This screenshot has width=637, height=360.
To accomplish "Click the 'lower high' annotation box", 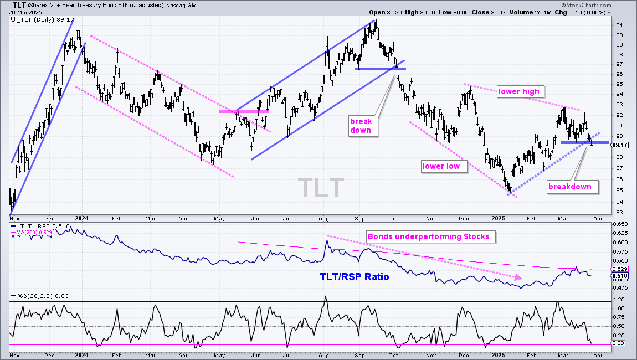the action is point(519,92).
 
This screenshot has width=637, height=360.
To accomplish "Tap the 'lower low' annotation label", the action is point(441,166).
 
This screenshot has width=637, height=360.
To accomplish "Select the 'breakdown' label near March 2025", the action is point(569,187).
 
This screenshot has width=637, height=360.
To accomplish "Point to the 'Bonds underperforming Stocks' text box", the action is point(429,236).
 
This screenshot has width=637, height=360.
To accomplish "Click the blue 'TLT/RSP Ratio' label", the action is point(355,277).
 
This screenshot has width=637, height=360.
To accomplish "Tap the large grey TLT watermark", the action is point(321,188).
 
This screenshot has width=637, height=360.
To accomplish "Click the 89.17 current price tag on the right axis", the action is point(619,145).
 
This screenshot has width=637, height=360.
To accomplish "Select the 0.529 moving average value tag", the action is point(620,269).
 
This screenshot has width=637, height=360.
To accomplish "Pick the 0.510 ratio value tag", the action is point(620,276).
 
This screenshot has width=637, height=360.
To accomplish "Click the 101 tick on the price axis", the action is point(618,25).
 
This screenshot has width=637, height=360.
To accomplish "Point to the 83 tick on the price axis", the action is point(619,213).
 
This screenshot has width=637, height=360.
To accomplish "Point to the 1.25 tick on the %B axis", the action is point(619,300).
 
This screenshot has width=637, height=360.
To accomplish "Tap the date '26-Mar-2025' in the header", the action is point(25,12).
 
